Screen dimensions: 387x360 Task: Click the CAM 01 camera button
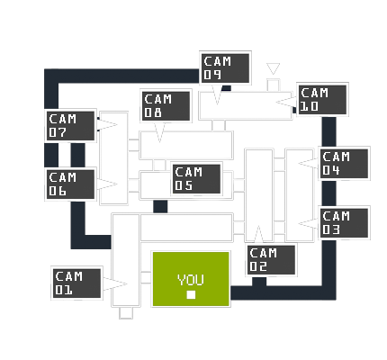(x=76, y=283)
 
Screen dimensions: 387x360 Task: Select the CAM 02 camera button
(x=271, y=260)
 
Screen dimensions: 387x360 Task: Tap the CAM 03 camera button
(x=344, y=223)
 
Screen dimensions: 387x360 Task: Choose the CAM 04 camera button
(x=344, y=164)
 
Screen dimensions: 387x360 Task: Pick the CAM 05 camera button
(x=197, y=179)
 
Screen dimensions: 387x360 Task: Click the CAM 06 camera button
(x=70, y=184)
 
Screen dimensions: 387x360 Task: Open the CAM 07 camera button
(x=70, y=126)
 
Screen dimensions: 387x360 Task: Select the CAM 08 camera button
(x=166, y=105)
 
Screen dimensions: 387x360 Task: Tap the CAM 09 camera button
(x=225, y=68)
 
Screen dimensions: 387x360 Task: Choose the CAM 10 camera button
(x=322, y=99)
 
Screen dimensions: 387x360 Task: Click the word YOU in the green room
(x=191, y=279)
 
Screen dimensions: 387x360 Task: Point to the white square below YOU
(x=191, y=295)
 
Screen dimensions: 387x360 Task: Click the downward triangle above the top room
(x=273, y=67)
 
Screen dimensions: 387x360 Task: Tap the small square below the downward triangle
(x=274, y=85)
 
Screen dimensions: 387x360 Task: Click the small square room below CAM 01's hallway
(x=126, y=313)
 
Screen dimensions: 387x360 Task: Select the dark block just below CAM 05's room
(x=160, y=206)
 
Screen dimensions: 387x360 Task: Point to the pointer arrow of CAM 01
(x=115, y=283)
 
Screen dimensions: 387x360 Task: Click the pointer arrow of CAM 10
(x=286, y=102)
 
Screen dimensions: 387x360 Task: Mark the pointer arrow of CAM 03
(x=309, y=223)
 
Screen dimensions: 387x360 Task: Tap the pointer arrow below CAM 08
(x=159, y=132)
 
